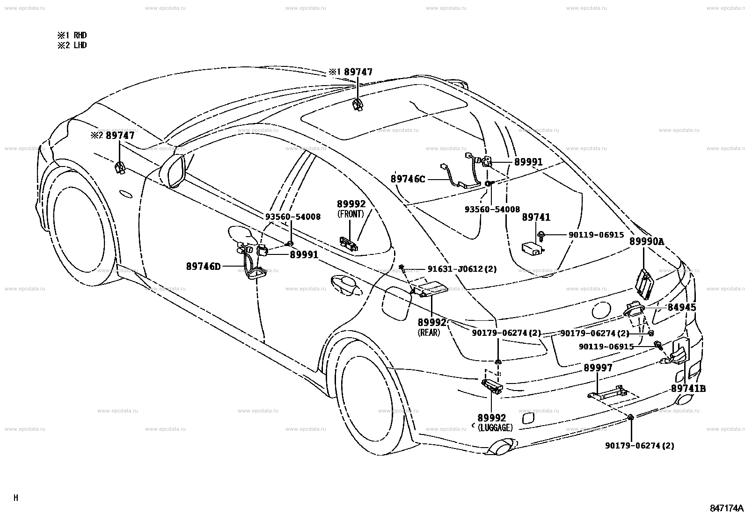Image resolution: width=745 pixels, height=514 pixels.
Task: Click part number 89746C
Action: point(408,179)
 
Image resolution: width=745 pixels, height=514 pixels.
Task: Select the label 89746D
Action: point(204,266)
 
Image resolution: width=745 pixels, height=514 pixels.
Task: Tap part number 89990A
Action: point(647,241)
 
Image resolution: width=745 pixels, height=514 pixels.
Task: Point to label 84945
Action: point(682,307)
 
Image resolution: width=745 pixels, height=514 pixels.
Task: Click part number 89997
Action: point(598,368)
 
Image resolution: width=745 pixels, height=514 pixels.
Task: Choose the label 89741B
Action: point(688,388)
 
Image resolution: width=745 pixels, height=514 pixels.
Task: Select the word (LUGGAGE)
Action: point(495,428)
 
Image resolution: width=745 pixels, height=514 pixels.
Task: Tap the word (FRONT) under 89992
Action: point(351,214)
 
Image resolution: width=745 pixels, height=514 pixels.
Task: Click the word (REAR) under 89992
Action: point(429,333)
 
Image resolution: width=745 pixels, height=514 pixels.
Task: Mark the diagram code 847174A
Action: point(726,508)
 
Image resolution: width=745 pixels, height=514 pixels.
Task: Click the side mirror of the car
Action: point(174,171)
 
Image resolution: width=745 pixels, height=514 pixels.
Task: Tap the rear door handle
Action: point(346,285)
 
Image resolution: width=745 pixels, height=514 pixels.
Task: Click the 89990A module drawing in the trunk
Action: point(644,284)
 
